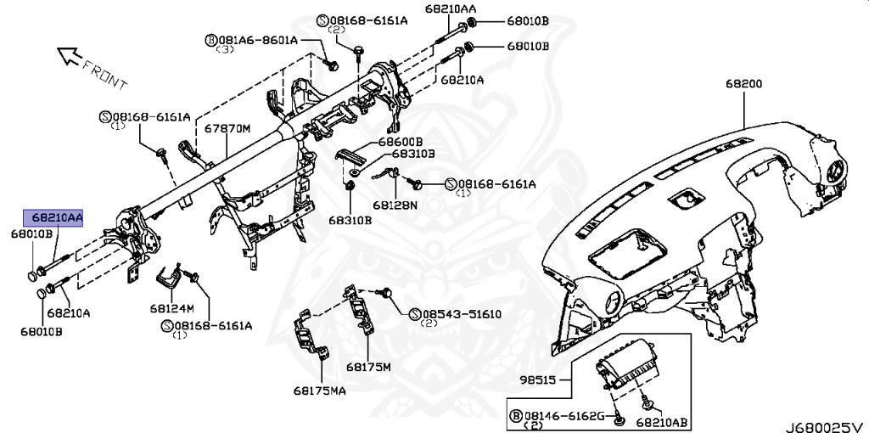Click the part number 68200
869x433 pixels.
click(743, 84)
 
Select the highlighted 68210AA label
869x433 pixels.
click(53, 219)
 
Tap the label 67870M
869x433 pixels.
click(227, 128)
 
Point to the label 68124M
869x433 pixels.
click(173, 307)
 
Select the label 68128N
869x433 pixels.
click(395, 205)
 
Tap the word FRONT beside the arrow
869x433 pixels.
click(108, 75)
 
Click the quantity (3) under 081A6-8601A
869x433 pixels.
click(226, 50)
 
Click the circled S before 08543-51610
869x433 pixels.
click(415, 314)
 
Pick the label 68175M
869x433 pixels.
click(367, 367)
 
